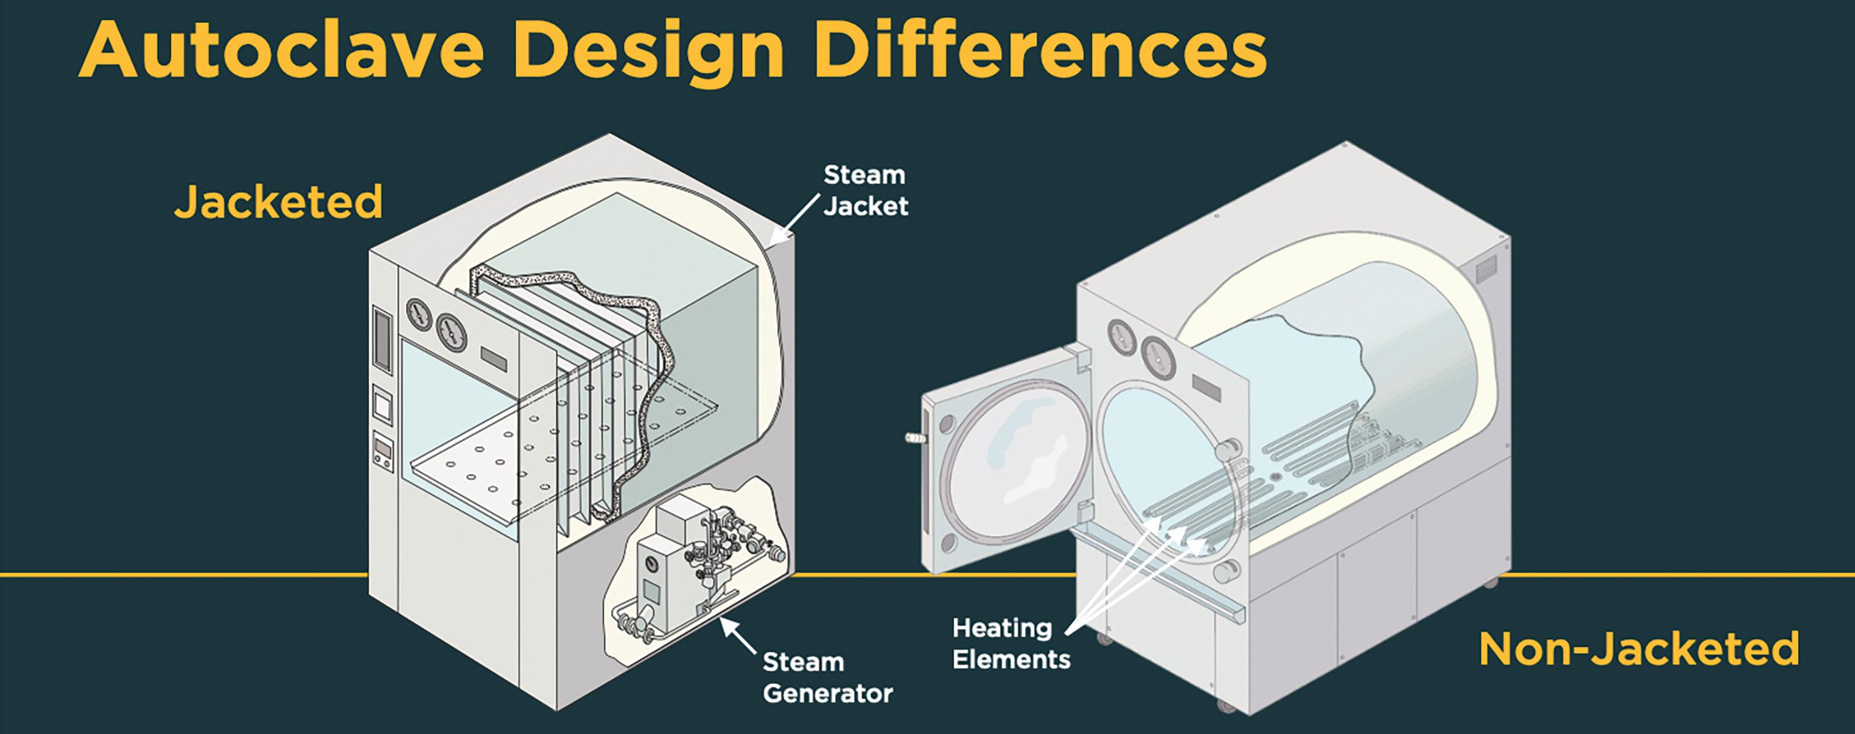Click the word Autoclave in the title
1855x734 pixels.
pyautogui.click(x=281, y=50)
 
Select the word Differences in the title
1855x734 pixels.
pyautogui.click(x=1040, y=50)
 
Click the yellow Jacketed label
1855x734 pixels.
pyautogui.click(x=278, y=202)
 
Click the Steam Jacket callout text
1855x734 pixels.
pyautogui.click(x=865, y=190)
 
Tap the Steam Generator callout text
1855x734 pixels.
pyautogui.click(x=827, y=677)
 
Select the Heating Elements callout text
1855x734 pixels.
pyautogui.click(x=1011, y=643)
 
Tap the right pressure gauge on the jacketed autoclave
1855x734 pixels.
pyautogui.click(x=450, y=330)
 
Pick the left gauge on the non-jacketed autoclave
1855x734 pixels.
pyautogui.click(x=1121, y=335)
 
